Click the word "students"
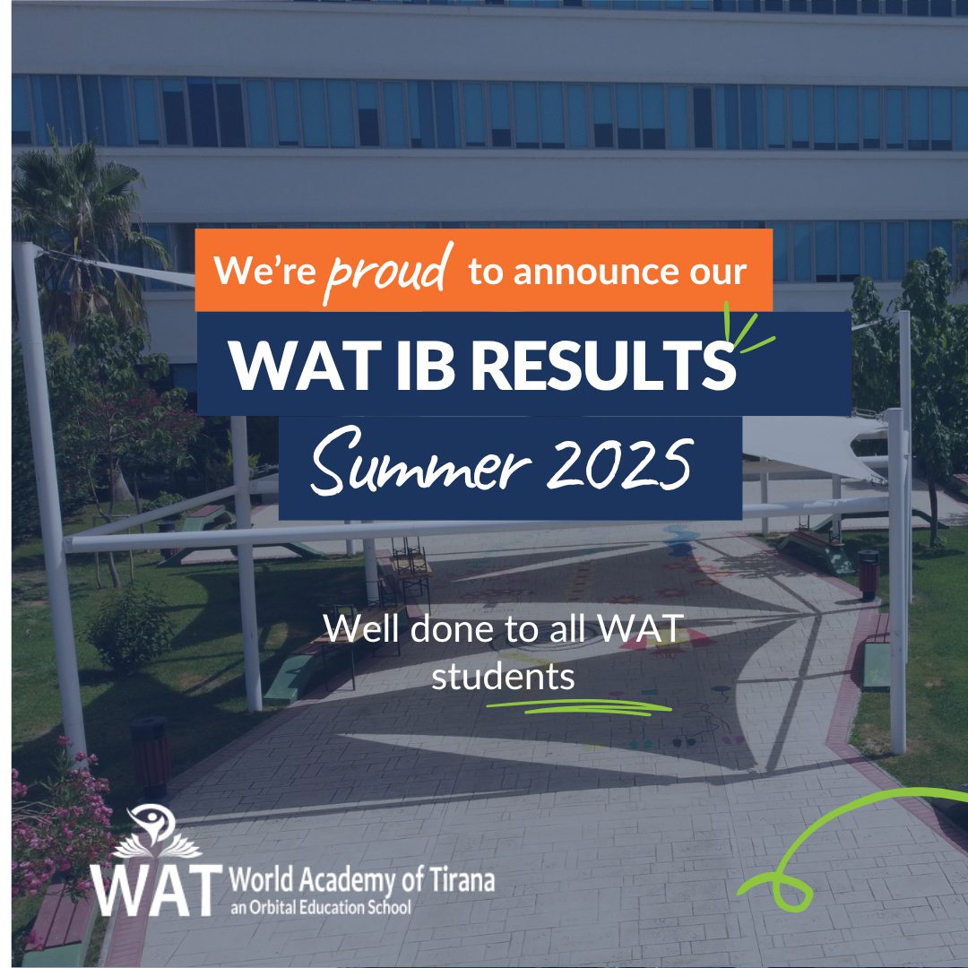point(503,677)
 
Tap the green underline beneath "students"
point(579,707)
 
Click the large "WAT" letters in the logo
point(156,890)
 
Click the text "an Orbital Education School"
point(320,907)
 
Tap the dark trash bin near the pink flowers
point(151,756)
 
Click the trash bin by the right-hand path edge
point(869,575)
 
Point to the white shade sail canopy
point(815,445)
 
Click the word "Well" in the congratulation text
point(362,628)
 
